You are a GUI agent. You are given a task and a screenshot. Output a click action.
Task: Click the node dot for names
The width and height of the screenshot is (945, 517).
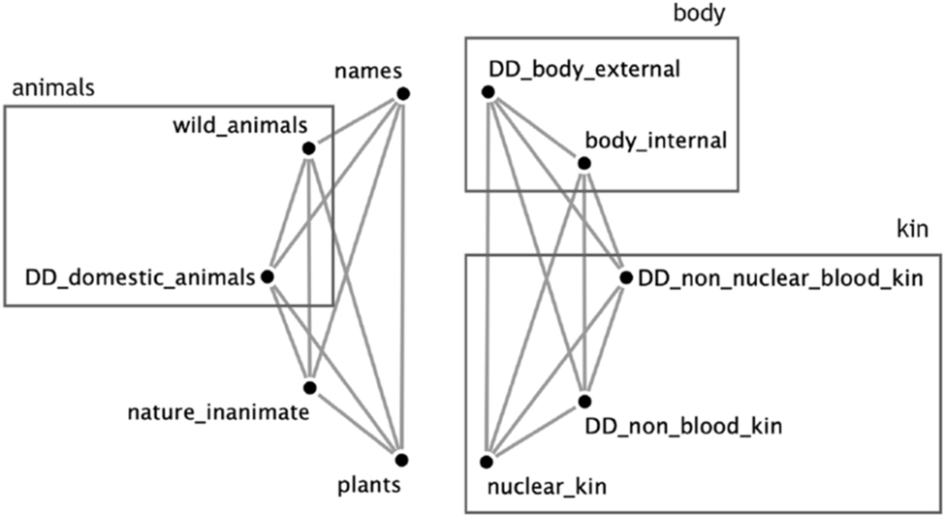coord(401,93)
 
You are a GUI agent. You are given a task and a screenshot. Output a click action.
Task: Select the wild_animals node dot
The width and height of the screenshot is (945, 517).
coord(308,148)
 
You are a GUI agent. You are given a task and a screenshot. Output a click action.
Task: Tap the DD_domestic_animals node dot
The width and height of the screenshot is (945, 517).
coord(268,276)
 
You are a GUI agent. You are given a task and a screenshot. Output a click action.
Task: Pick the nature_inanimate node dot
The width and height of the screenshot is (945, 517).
coord(309,387)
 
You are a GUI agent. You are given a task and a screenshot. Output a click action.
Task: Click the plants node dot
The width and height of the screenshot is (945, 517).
coord(400,459)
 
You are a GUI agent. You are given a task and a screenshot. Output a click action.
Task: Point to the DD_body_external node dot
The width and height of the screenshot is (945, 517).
coord(488,92)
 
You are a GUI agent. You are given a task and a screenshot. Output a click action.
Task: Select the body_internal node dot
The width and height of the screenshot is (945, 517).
coord(583,164)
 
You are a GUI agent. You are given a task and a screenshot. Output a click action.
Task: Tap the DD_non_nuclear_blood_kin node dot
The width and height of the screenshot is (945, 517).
coord(625,277)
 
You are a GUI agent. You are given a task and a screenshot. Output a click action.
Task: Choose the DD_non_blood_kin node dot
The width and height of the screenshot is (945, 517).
coord(584,401)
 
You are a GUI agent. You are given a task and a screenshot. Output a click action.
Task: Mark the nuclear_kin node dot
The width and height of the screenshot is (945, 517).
coord(488,458)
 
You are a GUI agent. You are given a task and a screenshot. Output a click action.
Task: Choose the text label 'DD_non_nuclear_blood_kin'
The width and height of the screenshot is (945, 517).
coord(778,278)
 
